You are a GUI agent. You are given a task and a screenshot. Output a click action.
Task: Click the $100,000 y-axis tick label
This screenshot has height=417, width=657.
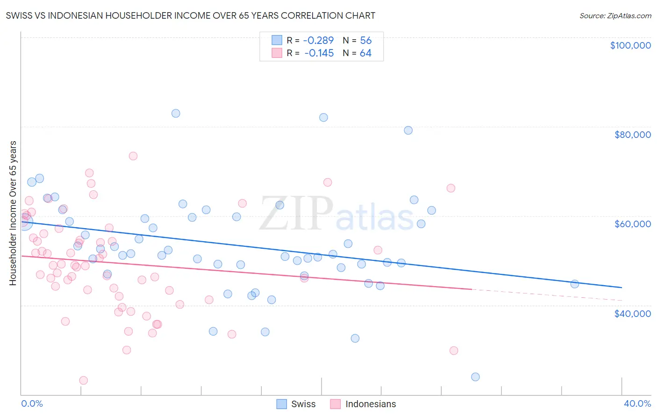pos(630,45)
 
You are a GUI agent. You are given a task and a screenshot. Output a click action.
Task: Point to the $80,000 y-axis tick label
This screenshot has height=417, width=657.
pos(633,135)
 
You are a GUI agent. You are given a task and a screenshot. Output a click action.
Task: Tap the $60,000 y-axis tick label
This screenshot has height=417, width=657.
pos(633,224)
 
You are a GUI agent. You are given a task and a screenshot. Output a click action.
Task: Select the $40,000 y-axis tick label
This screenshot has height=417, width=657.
pos(633,313)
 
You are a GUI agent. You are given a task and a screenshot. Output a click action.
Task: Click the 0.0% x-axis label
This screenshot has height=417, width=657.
pos(32,403)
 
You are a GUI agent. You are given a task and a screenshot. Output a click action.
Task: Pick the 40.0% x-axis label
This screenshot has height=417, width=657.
pos(637,403)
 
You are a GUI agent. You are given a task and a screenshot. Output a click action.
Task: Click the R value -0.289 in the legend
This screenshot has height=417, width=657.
pos(319,40)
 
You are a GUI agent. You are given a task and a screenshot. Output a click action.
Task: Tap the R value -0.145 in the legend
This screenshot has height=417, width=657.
pos(319,53)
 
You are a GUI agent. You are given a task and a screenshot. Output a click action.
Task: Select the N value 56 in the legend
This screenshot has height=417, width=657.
pos(365,40)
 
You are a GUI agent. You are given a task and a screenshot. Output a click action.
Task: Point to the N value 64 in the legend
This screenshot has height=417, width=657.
pos(365,53)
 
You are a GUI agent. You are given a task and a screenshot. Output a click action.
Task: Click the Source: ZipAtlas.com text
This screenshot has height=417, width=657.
pos(615,15)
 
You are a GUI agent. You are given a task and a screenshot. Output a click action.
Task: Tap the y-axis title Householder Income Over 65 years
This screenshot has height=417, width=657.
pos(13,213)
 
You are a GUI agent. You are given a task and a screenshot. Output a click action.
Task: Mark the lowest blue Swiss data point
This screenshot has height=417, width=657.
pos(475,377)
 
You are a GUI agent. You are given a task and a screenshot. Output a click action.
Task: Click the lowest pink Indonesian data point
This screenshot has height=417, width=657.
pos(84,380)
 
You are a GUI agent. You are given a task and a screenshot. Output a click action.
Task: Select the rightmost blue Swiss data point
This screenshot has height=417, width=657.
pos(575,284)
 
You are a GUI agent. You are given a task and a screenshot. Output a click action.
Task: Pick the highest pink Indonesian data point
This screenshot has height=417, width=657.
pos(133,156)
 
